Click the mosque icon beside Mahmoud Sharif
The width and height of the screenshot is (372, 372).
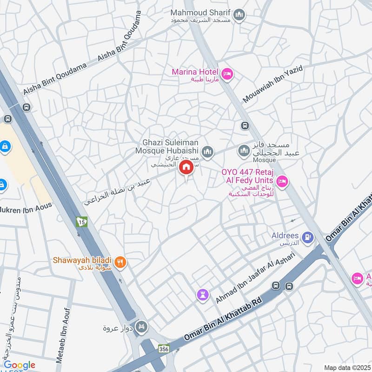(239, 16)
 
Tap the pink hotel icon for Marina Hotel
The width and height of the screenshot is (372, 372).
(227, 73)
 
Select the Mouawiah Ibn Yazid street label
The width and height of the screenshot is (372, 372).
(273, 85)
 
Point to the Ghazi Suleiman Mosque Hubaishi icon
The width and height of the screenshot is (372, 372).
(208, 151)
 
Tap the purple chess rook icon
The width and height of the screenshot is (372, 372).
(202, 294)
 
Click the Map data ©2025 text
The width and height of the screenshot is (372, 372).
(346, 367)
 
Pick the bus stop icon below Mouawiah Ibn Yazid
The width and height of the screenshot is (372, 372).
(244, 126)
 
